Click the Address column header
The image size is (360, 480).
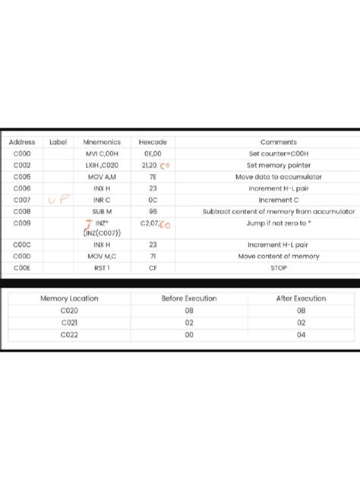pos(22,142)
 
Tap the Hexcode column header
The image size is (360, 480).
pos(153,142)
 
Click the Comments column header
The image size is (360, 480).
pos(279,142)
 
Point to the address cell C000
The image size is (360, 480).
pos(22,153)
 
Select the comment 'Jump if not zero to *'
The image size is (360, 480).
pos(278,224)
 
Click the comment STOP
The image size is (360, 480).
pos(279,268)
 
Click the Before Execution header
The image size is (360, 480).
pos(189,298)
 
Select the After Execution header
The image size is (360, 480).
pos(301,298)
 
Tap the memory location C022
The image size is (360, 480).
pos(69,334)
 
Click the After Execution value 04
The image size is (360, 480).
pos(301,334)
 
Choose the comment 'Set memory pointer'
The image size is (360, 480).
pos(279,165)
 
